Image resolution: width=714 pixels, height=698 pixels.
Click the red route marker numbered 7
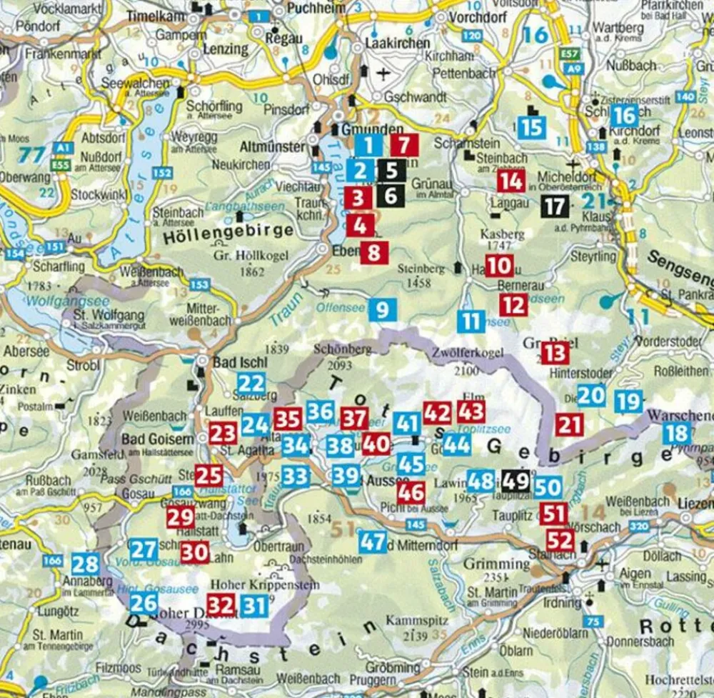point(404,146)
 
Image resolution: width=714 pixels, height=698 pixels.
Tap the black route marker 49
point(516,481)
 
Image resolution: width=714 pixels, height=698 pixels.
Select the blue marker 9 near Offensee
point(383,309)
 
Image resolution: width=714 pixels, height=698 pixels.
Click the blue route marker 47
point(373,542)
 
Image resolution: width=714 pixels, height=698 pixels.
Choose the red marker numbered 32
point(221,605)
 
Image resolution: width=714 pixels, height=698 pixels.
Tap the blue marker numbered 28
point(86,564)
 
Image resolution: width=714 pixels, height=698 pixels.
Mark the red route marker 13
point(555,352)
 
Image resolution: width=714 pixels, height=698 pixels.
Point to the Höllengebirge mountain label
point(229,231)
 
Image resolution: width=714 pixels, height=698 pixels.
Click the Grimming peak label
point(497,564)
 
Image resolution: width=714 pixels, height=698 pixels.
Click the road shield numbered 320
point(639,527)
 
